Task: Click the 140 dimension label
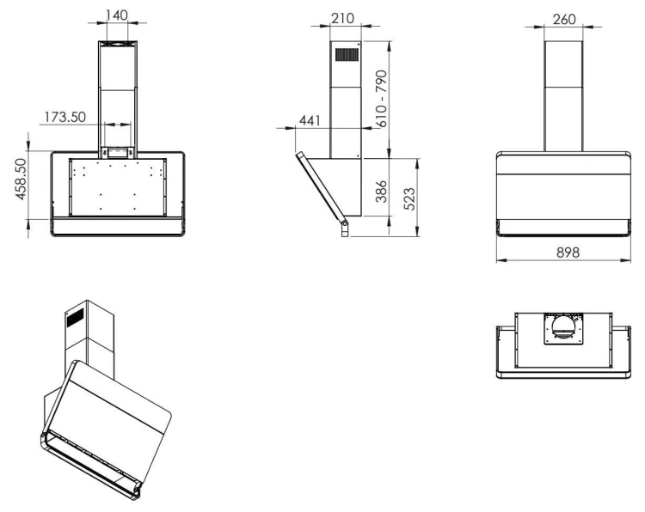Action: coord(117,15)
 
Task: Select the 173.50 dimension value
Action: coord(65,117)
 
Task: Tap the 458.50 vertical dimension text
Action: coord(21,180)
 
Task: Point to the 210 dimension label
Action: coord(342,18)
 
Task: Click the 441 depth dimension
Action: coord(310,120)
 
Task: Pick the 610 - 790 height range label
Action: coord(381,99)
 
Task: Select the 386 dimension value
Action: coord(381,191)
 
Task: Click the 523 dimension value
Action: coord(409,199)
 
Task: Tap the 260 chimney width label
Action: coord(564,19)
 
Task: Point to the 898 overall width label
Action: coord(568,252)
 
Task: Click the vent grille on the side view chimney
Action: coord(347,55)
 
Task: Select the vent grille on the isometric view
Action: coord(76,318)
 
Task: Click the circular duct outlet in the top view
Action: coord(563,326)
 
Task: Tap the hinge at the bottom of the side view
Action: coord(345,229)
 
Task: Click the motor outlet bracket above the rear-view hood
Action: coord(118,153)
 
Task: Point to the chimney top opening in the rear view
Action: coord(118,44)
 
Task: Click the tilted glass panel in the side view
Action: coord(321,188)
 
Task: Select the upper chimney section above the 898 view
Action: coord(563,64)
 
